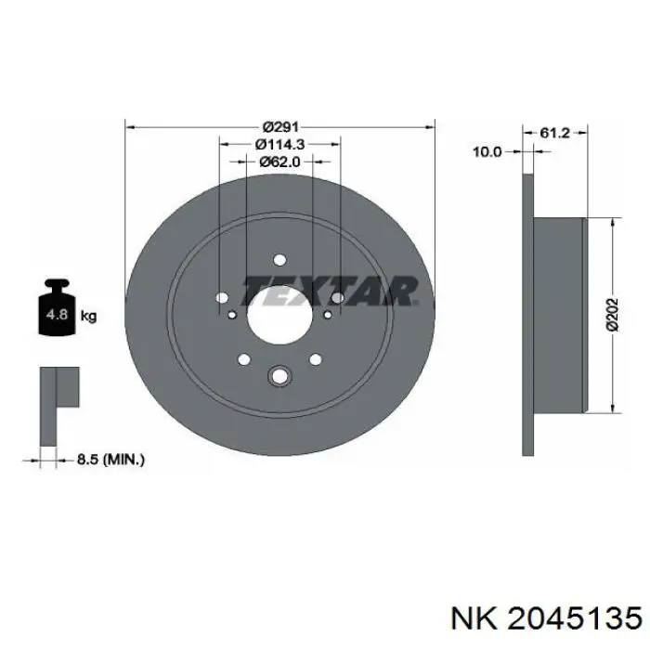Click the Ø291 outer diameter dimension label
[280, 126]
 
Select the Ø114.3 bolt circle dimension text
[279, 144]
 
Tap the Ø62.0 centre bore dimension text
[279, 162]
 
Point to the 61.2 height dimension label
[554, 133]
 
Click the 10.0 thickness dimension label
[487, 151]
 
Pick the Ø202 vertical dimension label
[611, 315]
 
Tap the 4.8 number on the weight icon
[57, 314]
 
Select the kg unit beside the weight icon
[88, 317]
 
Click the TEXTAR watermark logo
[330, 291]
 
